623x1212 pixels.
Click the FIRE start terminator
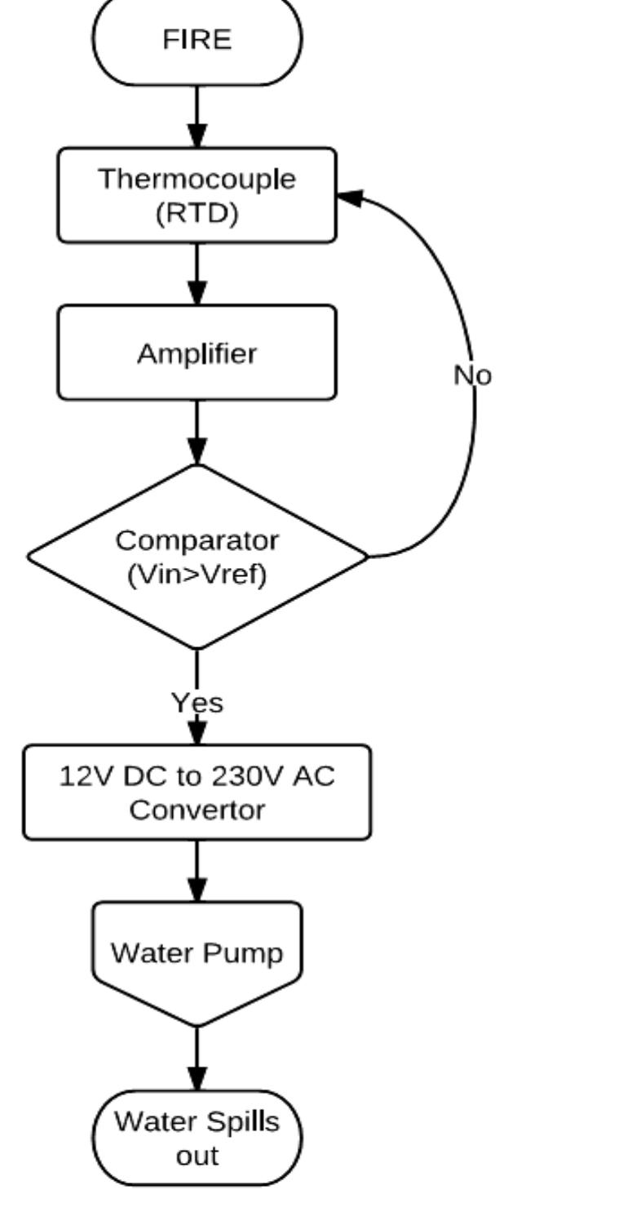pyautogui.click(x=197, y=39)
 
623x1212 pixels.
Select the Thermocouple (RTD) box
pyautogui.click(x=197, y=195)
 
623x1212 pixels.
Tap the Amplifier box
pyautogui.click(x=197, y=353)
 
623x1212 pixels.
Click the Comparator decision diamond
pyautogui.click(x=197, y=557)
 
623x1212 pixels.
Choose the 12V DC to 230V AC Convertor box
pyautogui.click(x=197, y=792)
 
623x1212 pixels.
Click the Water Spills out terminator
pyautogui.click(x=197, y=1138)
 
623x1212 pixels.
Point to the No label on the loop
pyautogui.click(x=473, y=375)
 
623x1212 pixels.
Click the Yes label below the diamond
pyautogui.click(x=197, y=702)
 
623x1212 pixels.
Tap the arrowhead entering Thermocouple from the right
pyautogui.click(x=349, y=197)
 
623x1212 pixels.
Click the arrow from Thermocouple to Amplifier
pyautogui.click(x=197, y=274)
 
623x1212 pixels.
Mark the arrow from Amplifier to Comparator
pyautogui.click(x=197, y=432)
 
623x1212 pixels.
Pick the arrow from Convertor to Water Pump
pyautogui.click(x=197, y=871)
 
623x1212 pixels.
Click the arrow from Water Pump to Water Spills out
pyautogui.click(x=197, y=1059)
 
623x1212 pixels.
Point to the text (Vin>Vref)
pyautogui.click(x=197, y=575)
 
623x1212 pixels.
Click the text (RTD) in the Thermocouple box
pyautogui.click(x=197, y=213)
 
